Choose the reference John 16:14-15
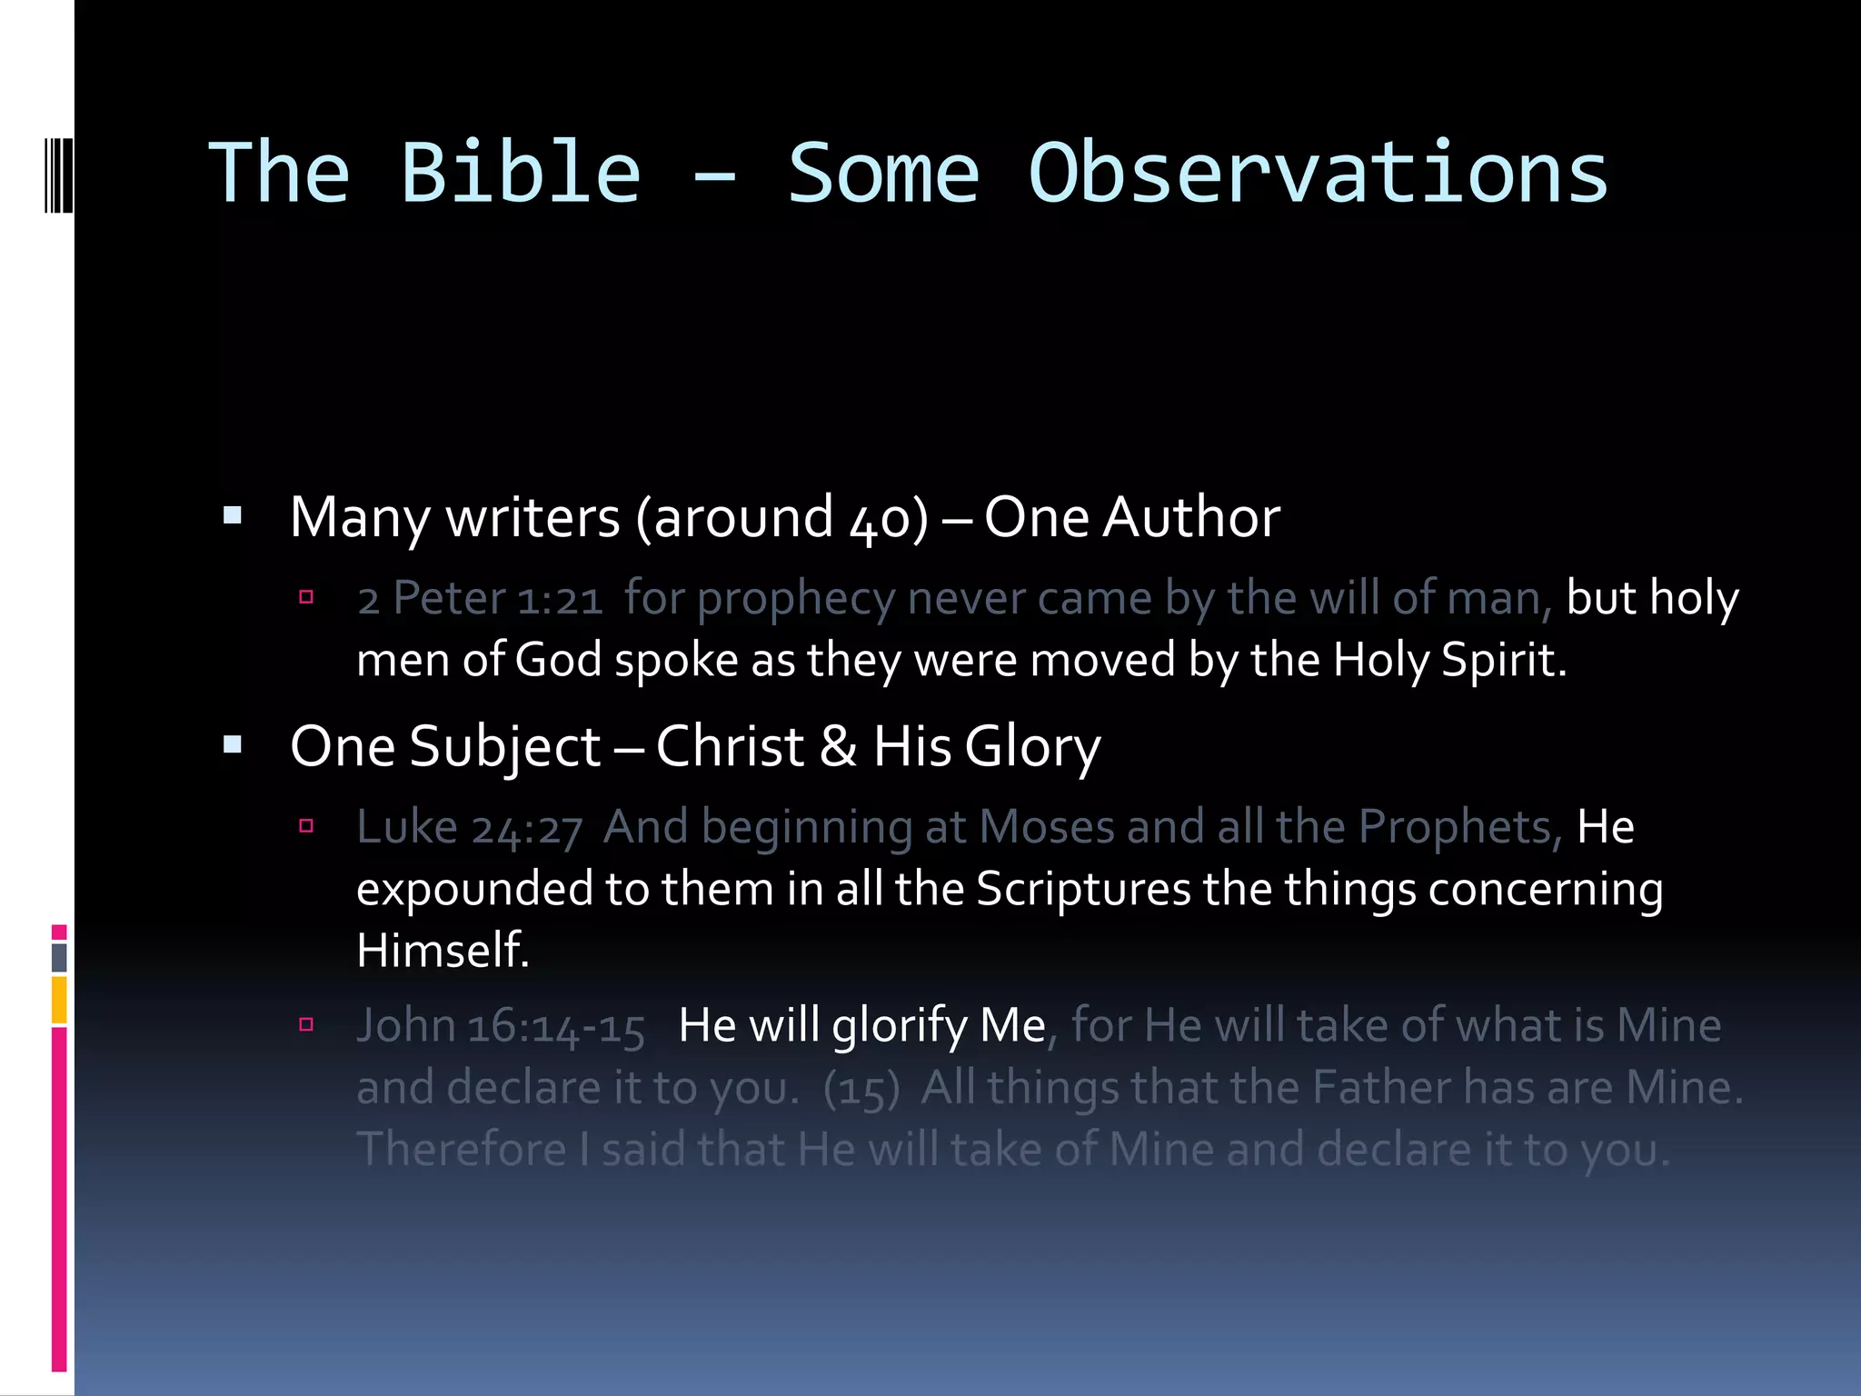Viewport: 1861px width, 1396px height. (501, 1027)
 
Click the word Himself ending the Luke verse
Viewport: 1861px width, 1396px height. (442, 951)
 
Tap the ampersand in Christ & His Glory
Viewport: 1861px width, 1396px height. (837, 747)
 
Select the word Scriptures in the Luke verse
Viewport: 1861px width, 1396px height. (1082, 889)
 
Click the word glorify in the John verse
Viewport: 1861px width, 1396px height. (900, 1027)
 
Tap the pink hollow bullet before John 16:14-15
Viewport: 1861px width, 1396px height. (306, 1025)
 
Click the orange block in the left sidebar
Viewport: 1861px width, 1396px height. (59, 1000)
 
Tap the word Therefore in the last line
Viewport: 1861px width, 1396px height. (462, 1150)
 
